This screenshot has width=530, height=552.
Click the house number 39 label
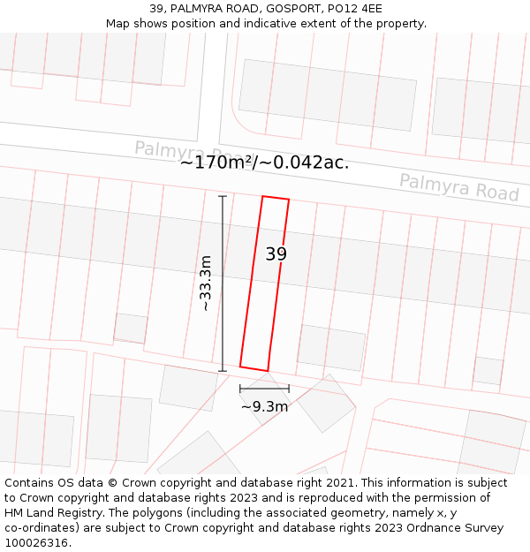pyautogui.click(x=276, y=254)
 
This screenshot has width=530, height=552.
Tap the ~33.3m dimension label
pyautogui.click(x=206, y=284)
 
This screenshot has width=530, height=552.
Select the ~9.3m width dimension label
pyautogui.click(x=264, y=407)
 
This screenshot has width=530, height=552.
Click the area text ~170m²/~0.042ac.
pyautogui.click(x=264, y=163)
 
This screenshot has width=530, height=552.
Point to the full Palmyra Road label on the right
pyautogui.click(x=458, y=187)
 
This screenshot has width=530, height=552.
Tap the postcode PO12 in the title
pyautogui.click(x=331, y=9)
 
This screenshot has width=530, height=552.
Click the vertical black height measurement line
pyautogui.click(x=223, y=283)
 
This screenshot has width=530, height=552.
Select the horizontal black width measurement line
pyautogui.click(x=264, y=388)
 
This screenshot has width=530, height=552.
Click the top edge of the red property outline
pyautogui.click(x=276, y=198)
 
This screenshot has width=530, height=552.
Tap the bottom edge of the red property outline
pyautogui.click(x=254, y=368)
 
